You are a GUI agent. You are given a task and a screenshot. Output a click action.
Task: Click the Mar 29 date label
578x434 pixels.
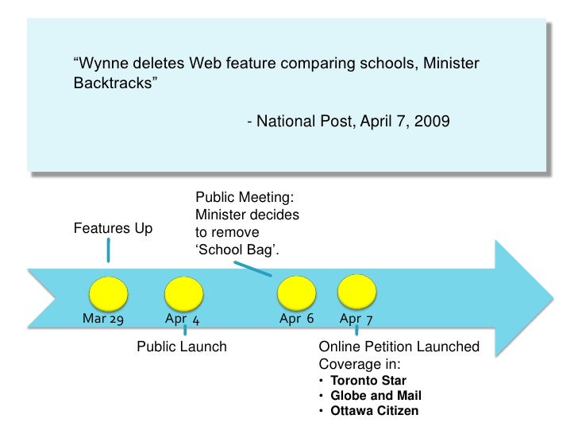[103, 319]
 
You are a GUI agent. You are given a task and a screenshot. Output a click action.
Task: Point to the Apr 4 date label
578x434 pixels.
[182, 319]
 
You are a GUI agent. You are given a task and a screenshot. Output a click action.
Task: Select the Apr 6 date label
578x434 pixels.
[297, 319]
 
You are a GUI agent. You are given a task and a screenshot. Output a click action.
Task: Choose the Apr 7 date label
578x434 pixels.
[357, 319]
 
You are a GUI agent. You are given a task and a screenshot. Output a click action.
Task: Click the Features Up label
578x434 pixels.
[113, 229]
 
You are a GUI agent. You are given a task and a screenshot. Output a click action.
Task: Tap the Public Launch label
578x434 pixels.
[182, 347]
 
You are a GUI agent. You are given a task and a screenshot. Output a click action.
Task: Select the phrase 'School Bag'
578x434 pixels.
[237, 250]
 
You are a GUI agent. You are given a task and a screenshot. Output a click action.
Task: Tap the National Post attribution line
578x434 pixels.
[348, 122]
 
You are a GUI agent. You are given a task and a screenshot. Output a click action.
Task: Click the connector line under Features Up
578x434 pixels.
[108, 250]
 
